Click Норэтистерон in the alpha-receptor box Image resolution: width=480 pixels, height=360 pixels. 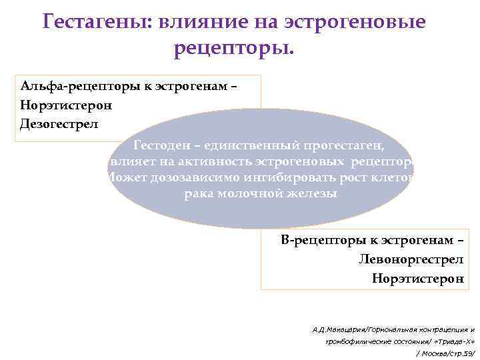tap(66, 105)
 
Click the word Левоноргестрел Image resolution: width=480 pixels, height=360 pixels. tap(411, 259)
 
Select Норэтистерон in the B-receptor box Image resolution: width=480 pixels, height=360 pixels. tap(418, 278)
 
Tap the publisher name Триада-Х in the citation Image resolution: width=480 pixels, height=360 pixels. tap(455, 341)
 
